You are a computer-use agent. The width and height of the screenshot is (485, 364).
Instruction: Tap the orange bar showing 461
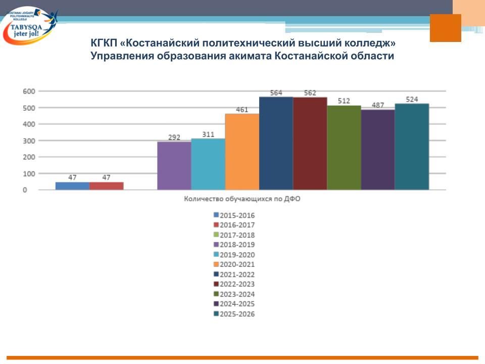242,152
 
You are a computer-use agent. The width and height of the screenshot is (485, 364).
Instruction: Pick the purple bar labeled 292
174,166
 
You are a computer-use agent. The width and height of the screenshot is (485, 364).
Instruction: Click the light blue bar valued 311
208,164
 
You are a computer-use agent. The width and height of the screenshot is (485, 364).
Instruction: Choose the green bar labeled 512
344,148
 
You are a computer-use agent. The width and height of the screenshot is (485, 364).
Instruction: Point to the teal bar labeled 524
412,147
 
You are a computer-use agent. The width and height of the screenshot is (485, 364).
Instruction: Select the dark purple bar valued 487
378,150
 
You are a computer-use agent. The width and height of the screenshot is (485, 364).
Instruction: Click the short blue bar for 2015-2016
72,186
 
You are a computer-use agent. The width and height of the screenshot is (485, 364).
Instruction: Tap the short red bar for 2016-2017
106,186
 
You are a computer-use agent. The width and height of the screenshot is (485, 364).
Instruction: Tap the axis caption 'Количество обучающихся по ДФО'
242,199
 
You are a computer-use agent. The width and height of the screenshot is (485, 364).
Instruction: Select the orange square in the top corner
445,28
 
